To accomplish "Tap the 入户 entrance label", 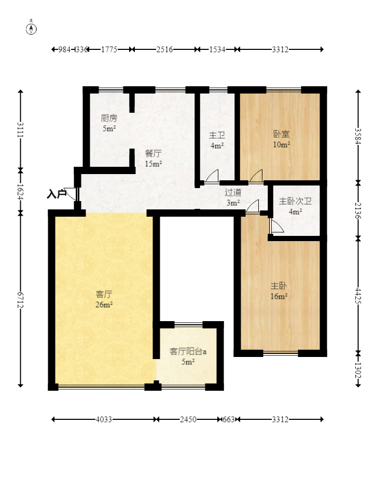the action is tap(57, 194).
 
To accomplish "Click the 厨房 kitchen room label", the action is tap(109, 118).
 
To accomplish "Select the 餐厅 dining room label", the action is tap(153, 153).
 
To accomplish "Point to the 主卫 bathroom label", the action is tap(217, 135).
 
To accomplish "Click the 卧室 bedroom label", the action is tap(282, 134).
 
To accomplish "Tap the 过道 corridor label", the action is tap(233, 192).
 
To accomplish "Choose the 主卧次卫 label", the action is tap(295, 201).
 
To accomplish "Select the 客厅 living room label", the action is tap(104, 294).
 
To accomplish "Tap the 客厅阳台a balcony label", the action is tap(188, 351).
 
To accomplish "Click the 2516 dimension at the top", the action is tap(164, 49).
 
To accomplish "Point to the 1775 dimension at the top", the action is tap(109, 49).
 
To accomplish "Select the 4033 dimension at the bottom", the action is tap(104, 419).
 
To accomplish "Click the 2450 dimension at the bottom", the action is tap(188, 419).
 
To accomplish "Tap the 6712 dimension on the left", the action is tap(20, 300).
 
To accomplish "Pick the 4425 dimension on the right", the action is tap(358, 295).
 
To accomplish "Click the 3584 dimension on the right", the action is tap(358, 136).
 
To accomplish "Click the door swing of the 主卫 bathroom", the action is tap(212, 177).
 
